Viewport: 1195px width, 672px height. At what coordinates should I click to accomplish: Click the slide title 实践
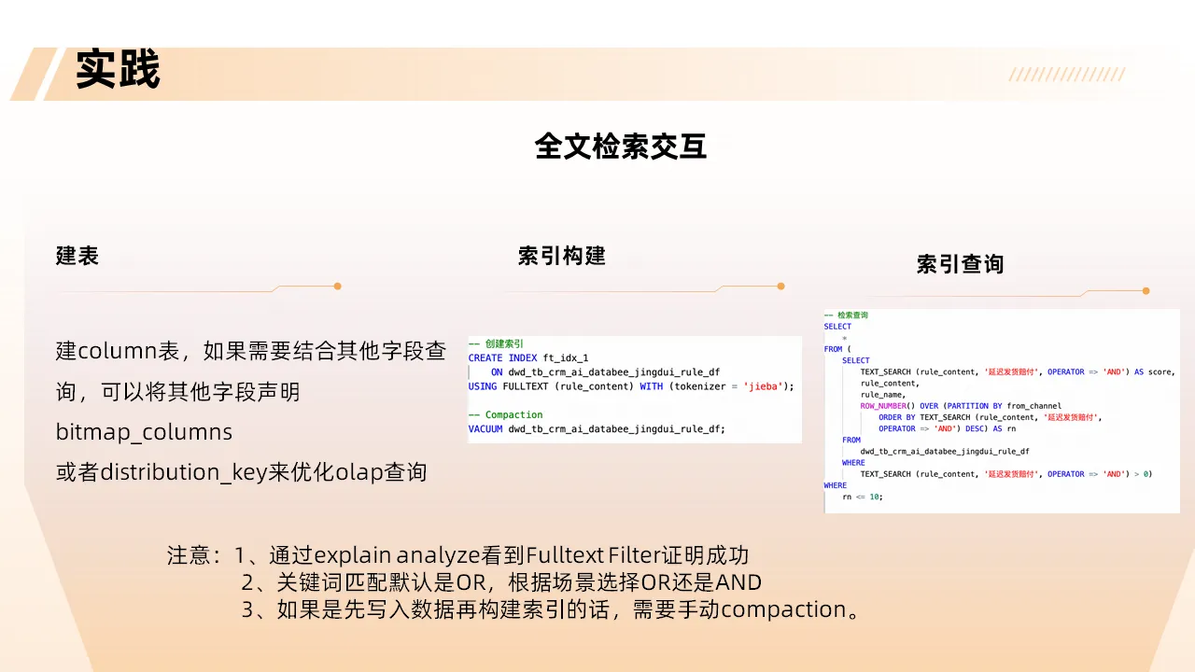tap(118, 71)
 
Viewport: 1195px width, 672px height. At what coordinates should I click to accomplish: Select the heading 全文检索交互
tap(620, 147)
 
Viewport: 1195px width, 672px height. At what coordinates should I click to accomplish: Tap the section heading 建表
tap(77, 256)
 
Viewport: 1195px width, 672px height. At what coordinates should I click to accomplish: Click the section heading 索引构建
tap(561, 256)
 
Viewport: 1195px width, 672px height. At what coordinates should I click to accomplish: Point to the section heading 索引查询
tap(960, 264)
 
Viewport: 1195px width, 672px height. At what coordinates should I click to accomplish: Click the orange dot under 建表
tap(337, 287)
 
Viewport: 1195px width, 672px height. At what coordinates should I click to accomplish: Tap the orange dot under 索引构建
tap(780, 287)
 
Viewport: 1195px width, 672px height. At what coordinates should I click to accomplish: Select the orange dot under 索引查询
tap(1146, 291)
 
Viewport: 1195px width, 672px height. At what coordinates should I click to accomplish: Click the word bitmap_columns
tap(144, 433)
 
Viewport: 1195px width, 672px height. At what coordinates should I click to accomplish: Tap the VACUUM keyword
tap(485, 429)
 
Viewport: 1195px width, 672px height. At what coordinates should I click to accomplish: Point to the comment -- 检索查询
tap(846, 315)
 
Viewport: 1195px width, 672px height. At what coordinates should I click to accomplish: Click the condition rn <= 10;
tap(862, 497)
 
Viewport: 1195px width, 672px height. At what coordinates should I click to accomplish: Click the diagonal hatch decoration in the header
tap(1066, 75)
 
